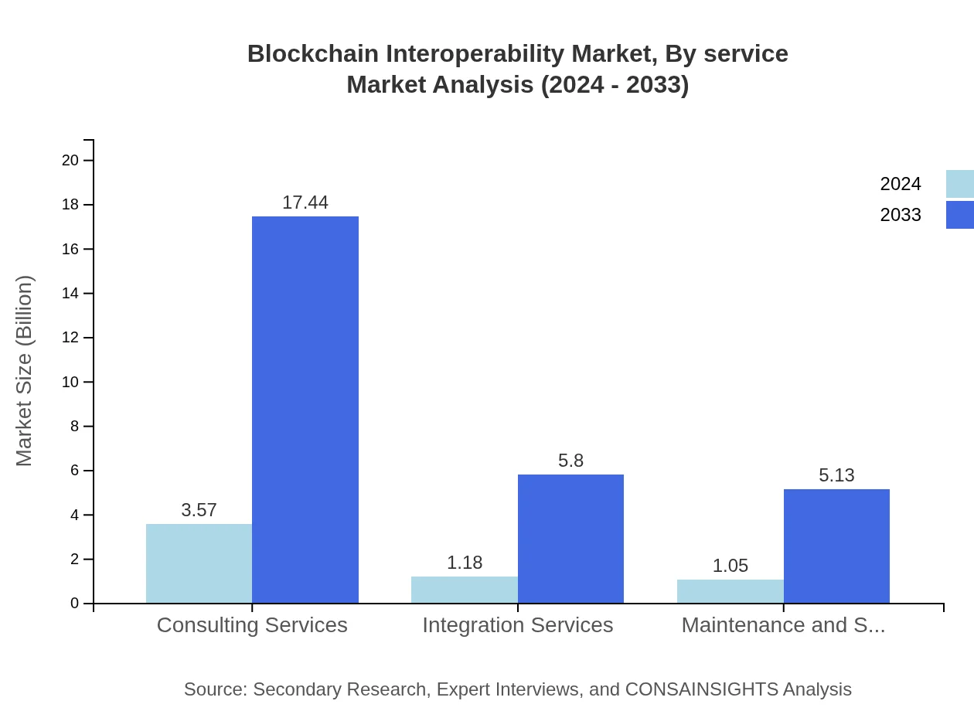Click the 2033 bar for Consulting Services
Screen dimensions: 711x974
point(305,410)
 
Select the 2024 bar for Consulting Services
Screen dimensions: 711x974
point(199,563)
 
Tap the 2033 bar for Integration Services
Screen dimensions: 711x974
point(570,539)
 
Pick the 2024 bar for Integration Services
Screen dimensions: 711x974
point(465,590)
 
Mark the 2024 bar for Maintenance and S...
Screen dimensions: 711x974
point(730,591)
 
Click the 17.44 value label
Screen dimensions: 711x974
point(305,202)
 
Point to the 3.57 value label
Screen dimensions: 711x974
point(199,510)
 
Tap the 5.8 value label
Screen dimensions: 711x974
point(570,461)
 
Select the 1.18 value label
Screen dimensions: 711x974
point(465,563)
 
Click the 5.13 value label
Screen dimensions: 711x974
point(836,475)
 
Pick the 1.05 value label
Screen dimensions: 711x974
point(730,566)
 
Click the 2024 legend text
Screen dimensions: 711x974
point(901,184)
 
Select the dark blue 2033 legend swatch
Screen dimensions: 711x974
point(960,215)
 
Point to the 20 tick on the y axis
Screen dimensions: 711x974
point(70,160)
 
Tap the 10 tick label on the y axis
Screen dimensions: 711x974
point(70,382)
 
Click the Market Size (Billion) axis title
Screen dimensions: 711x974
point(24,371)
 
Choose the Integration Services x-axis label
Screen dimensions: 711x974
point(518,624)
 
